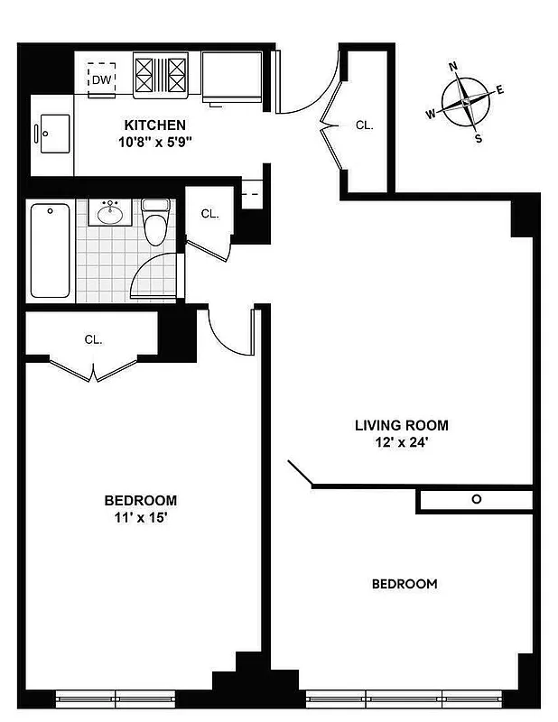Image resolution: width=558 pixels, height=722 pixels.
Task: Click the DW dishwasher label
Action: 100,79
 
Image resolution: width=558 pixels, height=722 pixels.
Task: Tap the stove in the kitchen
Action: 162,74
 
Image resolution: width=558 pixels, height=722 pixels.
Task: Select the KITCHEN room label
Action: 154,125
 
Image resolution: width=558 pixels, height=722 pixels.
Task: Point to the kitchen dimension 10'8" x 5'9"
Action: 154,143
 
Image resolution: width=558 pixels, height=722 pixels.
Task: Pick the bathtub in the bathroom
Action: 51,251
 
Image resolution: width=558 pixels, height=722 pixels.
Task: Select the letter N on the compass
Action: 454,66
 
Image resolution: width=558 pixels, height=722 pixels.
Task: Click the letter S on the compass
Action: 479,138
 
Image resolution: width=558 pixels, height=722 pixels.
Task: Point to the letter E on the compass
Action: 499,89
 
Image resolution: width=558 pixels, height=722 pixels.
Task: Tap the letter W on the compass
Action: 431,114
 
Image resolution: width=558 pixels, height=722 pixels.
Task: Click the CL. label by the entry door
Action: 365,125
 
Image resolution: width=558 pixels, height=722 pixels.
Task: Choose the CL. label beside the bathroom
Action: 209,214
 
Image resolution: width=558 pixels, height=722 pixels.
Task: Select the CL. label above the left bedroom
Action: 93,340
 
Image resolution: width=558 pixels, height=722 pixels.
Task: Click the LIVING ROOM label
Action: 401,425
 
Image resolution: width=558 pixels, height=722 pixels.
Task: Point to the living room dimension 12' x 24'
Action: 401,443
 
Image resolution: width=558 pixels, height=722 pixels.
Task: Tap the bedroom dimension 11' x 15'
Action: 140,518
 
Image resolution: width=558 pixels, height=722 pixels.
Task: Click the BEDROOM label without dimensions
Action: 405,584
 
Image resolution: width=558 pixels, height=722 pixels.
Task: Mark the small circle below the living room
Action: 476,499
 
